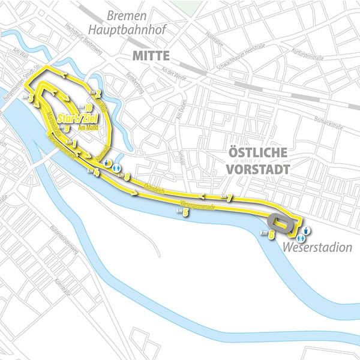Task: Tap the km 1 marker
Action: [x=71, y=143]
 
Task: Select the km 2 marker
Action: [x=97, y=92]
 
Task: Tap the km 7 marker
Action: [x=226, y=197]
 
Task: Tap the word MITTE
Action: [x=150, y=58]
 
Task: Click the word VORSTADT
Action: [x=258, y=169]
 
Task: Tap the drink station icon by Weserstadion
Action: [x=306, y=229]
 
